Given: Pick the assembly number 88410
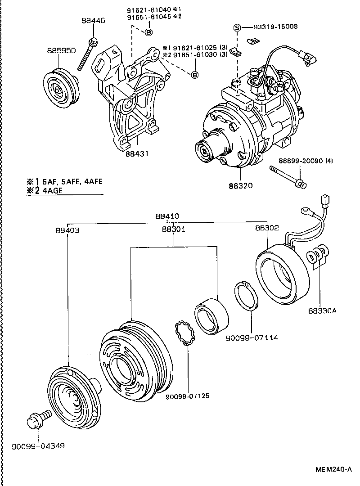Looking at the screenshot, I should pos(168,216).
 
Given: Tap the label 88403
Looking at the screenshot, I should pos(67,230).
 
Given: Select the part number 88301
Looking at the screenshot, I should pos(174,229).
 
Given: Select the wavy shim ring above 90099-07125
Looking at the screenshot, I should pos(186,334).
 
